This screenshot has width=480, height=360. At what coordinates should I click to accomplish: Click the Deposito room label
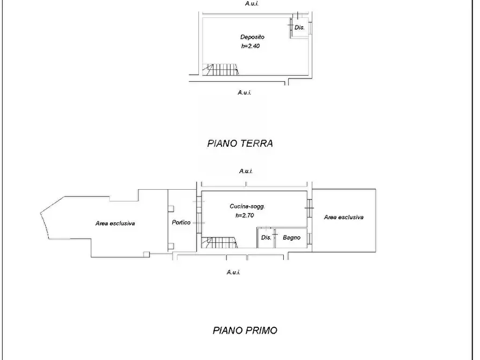point(252,37)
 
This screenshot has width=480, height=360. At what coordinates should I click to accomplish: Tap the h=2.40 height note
point(250,46)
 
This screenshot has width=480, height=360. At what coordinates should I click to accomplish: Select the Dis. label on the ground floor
point(299,27)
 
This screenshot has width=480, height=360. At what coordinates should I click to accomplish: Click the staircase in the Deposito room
point(220,69)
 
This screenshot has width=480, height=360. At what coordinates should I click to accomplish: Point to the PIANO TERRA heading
point(240,143)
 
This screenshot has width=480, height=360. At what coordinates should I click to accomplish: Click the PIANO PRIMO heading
point(245,330)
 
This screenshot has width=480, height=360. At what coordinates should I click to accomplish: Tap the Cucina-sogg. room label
point(247,206)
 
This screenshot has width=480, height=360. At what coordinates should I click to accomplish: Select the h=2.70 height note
point(245,215)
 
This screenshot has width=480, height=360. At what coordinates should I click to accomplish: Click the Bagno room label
point(291,237)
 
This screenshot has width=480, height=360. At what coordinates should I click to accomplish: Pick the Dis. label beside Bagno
point(266,237)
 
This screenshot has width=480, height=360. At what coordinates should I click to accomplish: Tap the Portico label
point(181,222)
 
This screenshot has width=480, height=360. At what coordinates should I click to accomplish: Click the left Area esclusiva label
point(115,224)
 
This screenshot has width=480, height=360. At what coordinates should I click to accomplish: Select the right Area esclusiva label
point(344,218)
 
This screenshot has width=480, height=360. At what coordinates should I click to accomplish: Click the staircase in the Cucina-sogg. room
point(219,242)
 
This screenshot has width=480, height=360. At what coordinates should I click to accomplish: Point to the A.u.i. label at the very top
point(252,4)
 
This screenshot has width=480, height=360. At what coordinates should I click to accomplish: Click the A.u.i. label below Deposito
point(244,92)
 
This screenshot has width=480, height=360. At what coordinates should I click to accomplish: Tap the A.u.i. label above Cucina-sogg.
point(246,171)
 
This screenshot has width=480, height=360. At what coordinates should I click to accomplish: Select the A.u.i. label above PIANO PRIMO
point(233,272)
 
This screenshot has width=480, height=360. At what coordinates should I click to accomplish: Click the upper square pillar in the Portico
point(171,209)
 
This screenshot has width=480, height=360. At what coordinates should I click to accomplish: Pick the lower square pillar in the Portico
point(171,246)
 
